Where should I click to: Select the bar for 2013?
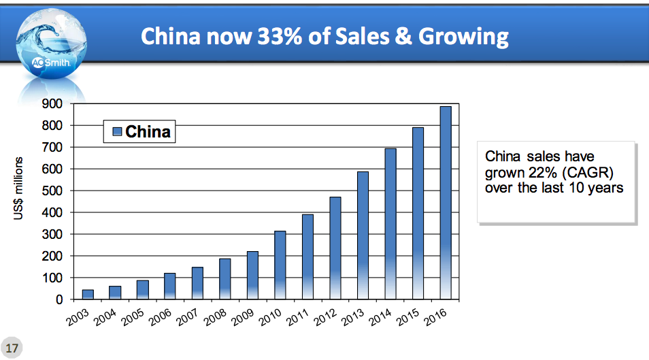[x=363, y=235]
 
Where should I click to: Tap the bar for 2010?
[x=280, y=265]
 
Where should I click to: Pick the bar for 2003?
[x=88, y=294]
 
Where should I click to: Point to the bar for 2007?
[x=197, y=283]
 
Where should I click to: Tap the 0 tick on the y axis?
[x=59, y=299]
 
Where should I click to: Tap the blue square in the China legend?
[x=116, y=131]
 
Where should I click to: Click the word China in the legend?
[x=148, y=131]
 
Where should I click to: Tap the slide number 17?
[x=12, y=346]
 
